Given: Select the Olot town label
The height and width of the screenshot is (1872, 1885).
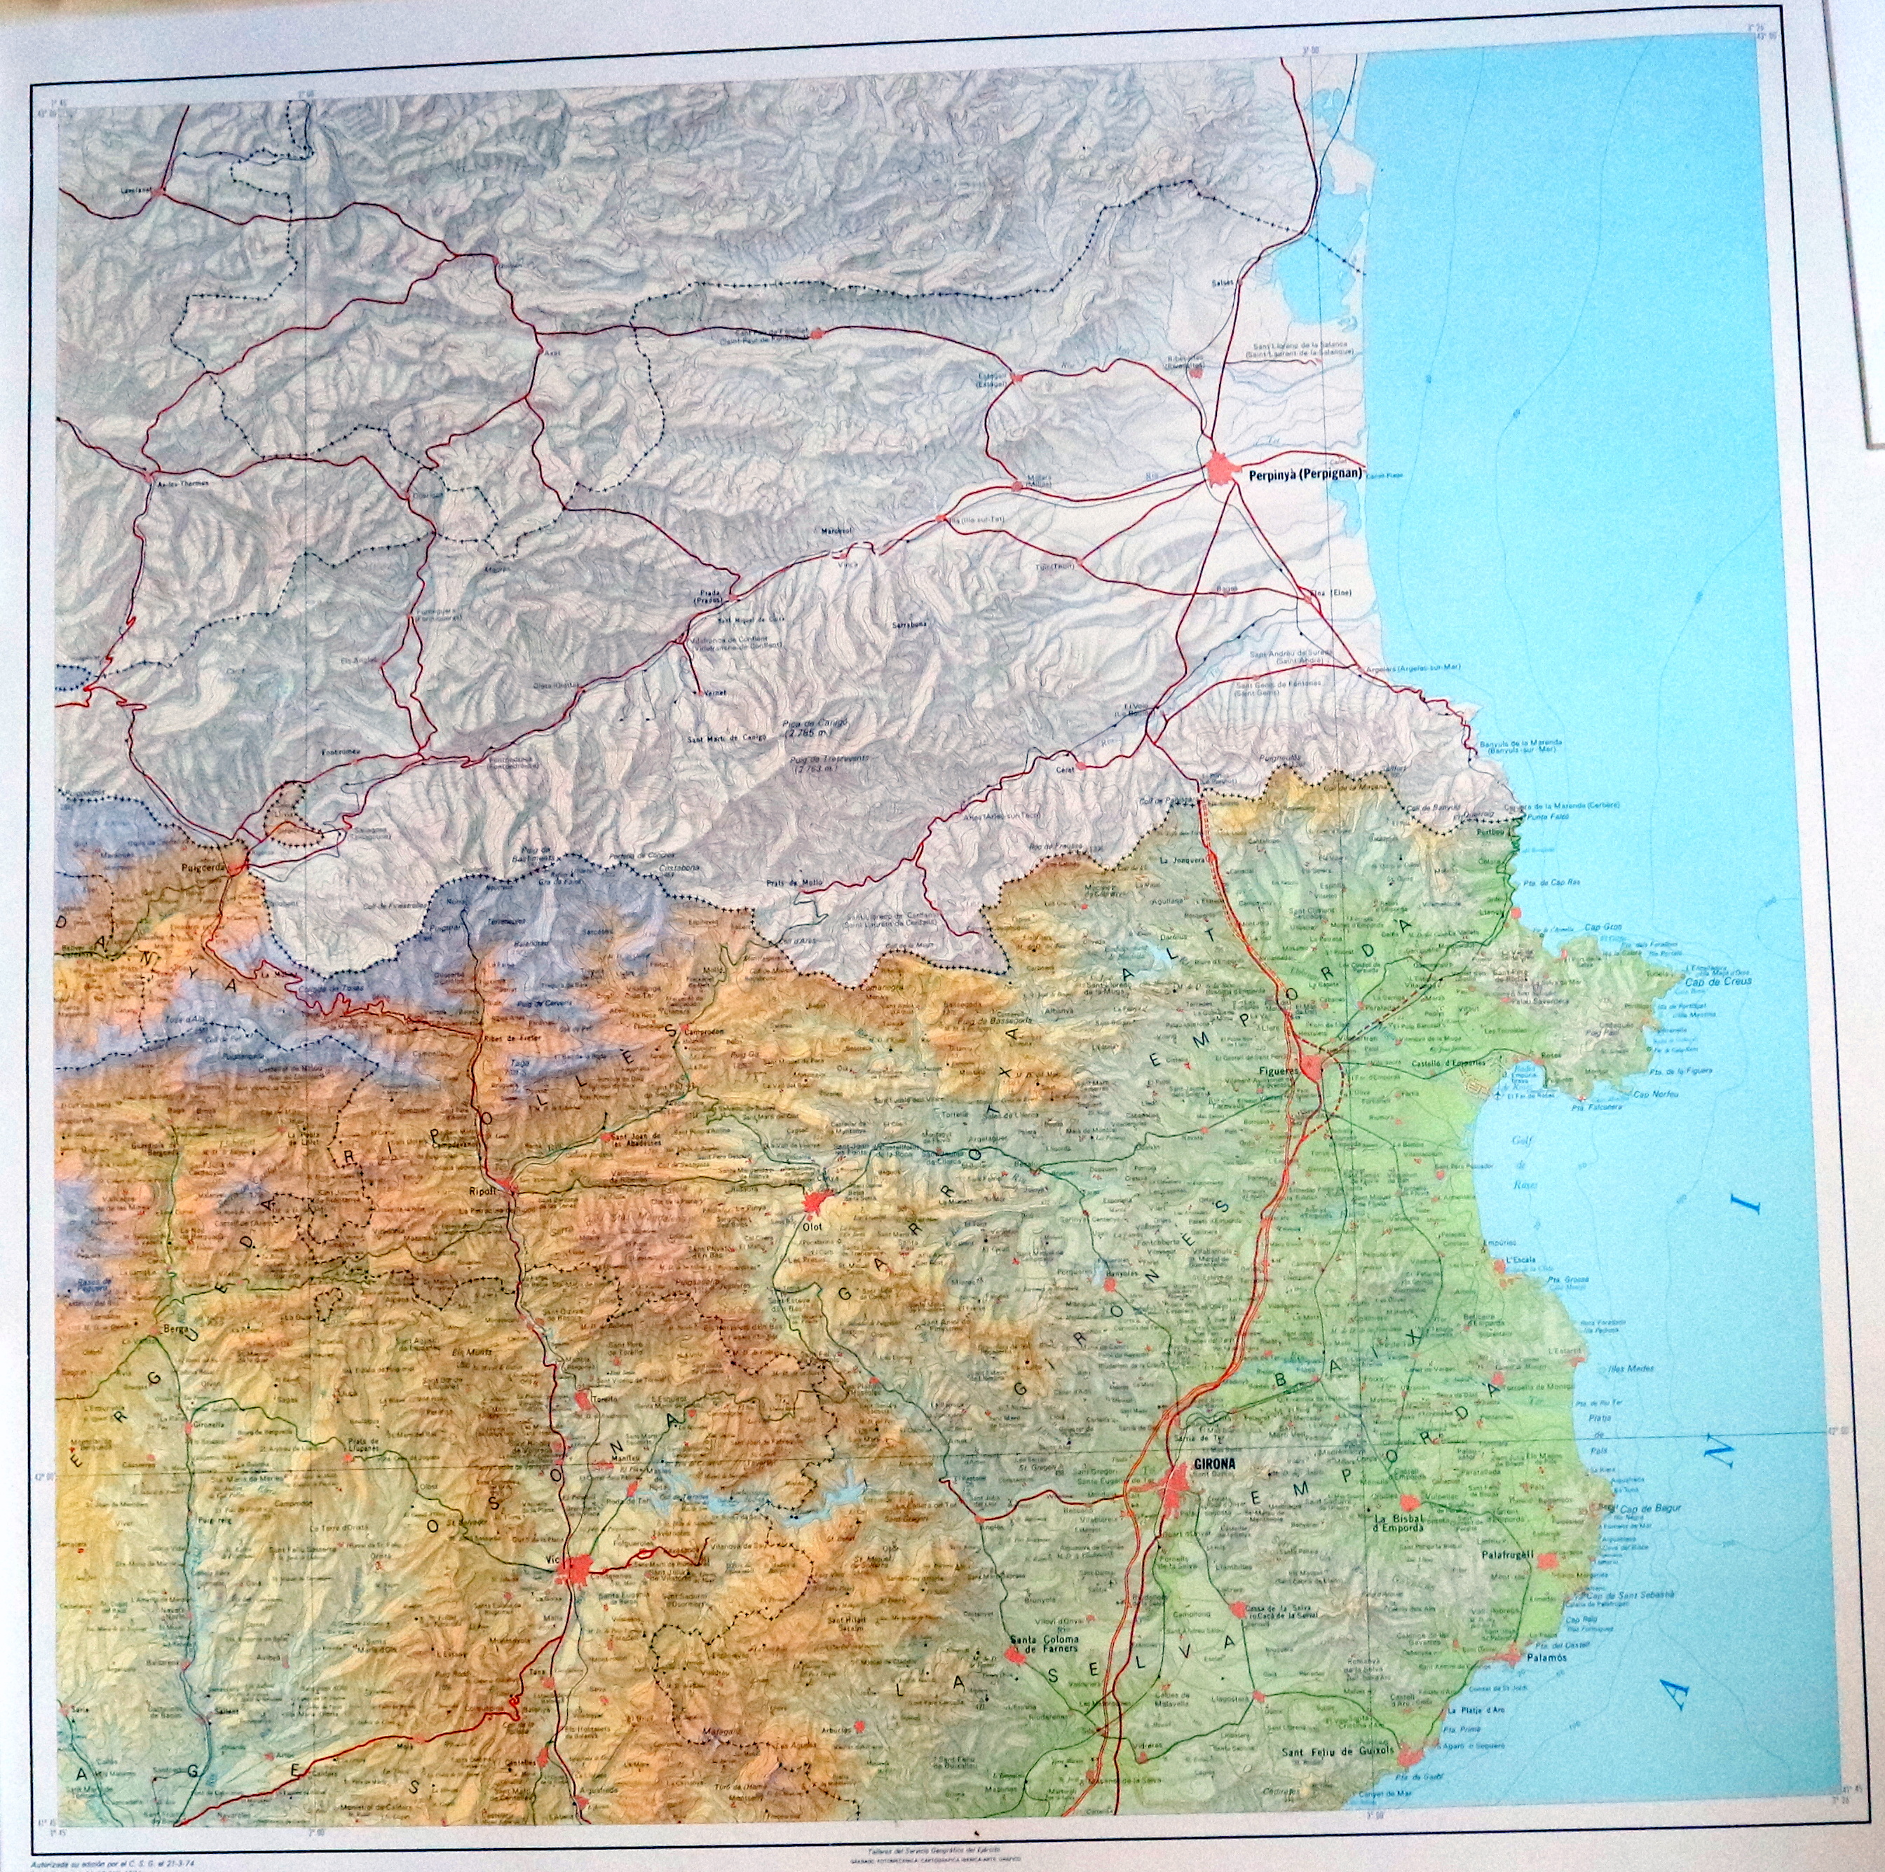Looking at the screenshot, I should (812, 1227).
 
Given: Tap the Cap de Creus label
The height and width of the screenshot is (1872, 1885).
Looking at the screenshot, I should (1718, 981).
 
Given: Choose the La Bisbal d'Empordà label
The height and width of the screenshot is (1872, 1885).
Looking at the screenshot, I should (1396, 1550).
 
